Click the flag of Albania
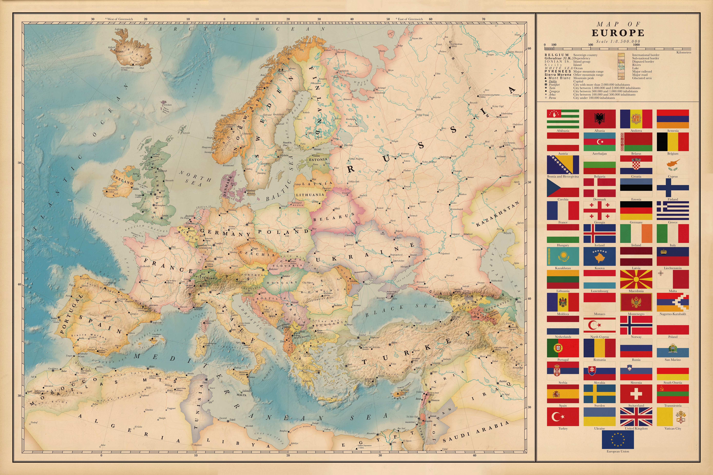pos(599,119)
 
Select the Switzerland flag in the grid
pos(636,394)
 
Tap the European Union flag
pos(618,440)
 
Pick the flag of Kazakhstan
pos(563,256)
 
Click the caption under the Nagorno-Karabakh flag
pos(673,314)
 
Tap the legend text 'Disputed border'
pos(643,61)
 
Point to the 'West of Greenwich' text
pos(120,19)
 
